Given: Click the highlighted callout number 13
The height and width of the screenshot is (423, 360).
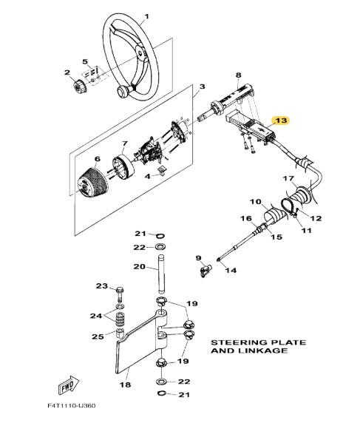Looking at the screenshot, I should point(282,119).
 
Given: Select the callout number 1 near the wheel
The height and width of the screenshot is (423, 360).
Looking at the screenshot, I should point(146,16).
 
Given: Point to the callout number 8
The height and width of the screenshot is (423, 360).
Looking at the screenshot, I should point(238,75).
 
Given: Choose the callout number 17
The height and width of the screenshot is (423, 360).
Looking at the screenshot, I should point(288,179).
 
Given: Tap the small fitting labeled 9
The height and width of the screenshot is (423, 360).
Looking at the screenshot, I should point(201,271).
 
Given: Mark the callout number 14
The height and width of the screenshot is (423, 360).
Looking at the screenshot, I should point(230,271).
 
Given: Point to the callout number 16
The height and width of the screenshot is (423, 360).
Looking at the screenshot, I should point(248,219).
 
